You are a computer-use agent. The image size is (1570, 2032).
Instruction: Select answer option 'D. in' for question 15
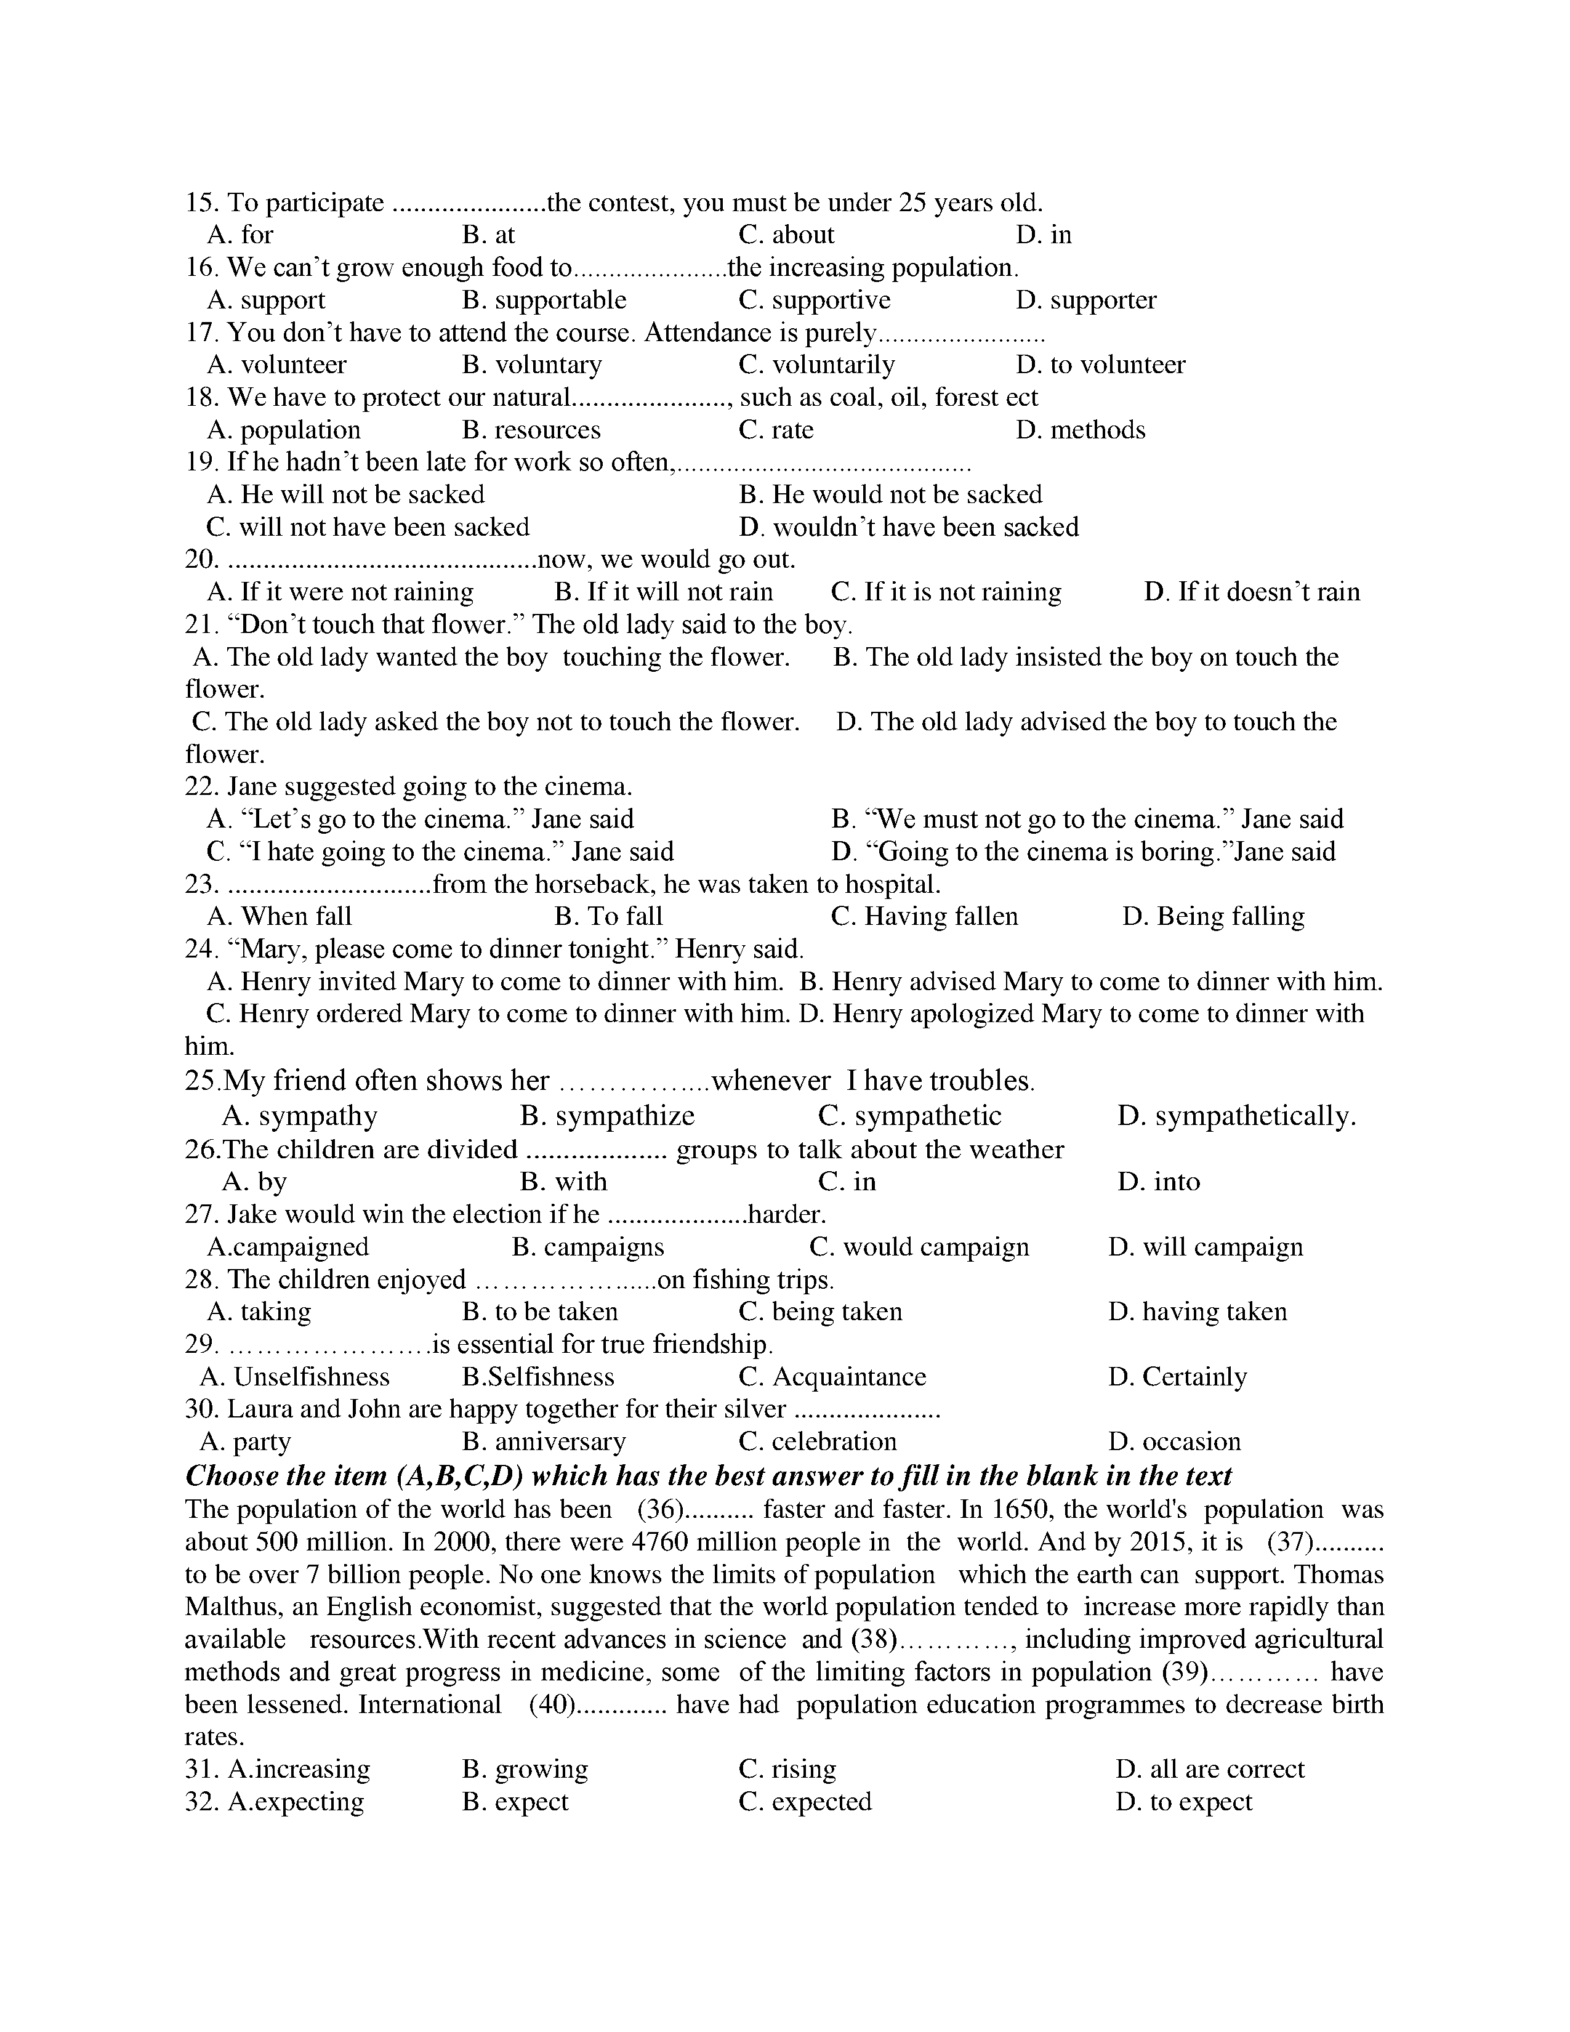1044,235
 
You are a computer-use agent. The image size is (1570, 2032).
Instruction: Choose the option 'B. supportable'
544,300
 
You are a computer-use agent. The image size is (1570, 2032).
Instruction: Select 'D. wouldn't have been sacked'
909,528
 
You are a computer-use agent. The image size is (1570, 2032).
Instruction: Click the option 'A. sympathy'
299,1116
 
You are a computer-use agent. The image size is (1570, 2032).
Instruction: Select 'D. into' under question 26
1158,1182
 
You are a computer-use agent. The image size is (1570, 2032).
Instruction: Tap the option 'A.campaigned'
288,1247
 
